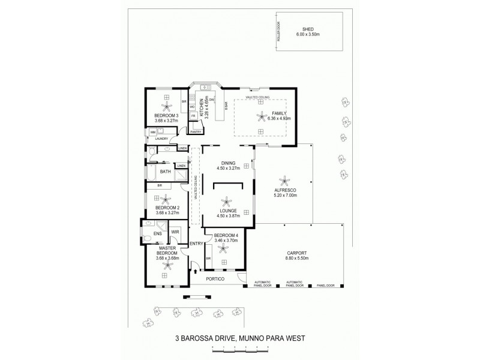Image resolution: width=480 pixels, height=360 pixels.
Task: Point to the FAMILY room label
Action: tap(280, 113)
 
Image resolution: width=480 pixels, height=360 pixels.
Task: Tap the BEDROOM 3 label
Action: tap(166, 115)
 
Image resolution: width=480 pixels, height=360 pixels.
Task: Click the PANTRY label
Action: tap(196, 131)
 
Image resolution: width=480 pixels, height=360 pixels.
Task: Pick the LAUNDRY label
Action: tap(161, 139)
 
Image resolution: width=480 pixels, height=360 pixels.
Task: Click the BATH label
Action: tap(165, 172)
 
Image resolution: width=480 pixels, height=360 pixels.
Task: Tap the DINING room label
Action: tap(228, 163)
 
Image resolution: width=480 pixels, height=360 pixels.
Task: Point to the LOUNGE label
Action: tap(227, 211)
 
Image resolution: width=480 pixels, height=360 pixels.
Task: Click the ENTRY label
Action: tap(196, 243)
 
